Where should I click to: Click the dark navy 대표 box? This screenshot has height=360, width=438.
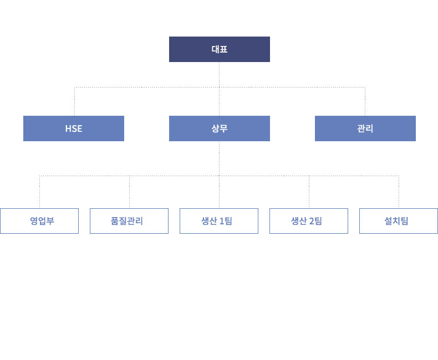220,49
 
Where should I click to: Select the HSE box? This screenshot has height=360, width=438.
74,128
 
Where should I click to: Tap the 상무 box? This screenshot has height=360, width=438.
220,128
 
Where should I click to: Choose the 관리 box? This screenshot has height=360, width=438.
365,128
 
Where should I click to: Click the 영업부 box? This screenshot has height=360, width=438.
39,221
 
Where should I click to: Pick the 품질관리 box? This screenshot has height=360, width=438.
129,221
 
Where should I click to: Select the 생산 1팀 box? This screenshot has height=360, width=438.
219,221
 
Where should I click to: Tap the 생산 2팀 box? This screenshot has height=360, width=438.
309,221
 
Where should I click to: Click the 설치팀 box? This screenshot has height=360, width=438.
398,221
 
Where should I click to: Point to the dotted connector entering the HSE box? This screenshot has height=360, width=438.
75,101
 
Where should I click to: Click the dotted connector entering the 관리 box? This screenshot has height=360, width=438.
365,101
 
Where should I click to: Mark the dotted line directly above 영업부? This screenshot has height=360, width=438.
40,192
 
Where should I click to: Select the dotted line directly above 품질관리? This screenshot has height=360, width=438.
129,192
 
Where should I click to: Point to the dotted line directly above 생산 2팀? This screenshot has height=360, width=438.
309,192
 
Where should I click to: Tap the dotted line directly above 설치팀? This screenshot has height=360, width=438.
399,192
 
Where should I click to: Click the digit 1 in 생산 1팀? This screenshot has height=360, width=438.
222,222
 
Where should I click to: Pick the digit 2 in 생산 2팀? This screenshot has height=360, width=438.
312,222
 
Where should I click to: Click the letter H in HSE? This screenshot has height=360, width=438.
68,128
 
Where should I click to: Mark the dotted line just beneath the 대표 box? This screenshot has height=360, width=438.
220,75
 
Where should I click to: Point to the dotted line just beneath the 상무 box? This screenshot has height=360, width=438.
220,158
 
